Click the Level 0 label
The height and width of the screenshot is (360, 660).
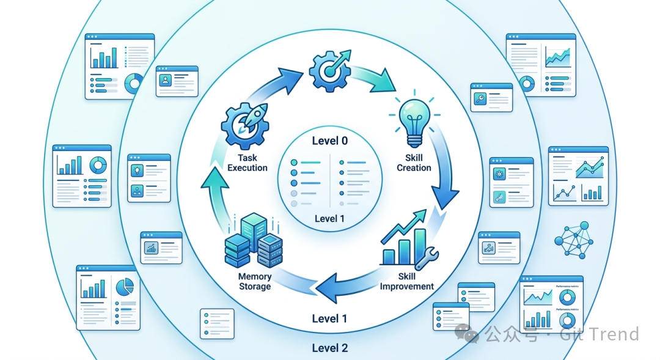point(329,141)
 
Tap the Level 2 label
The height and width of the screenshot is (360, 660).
point(329,348)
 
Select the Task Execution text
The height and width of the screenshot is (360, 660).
point(247,163)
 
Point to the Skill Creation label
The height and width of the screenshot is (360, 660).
point(414,163)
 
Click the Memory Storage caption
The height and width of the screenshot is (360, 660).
point(255,281)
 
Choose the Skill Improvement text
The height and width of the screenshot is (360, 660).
point(407,281)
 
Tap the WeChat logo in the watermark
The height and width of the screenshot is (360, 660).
point(470,334)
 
